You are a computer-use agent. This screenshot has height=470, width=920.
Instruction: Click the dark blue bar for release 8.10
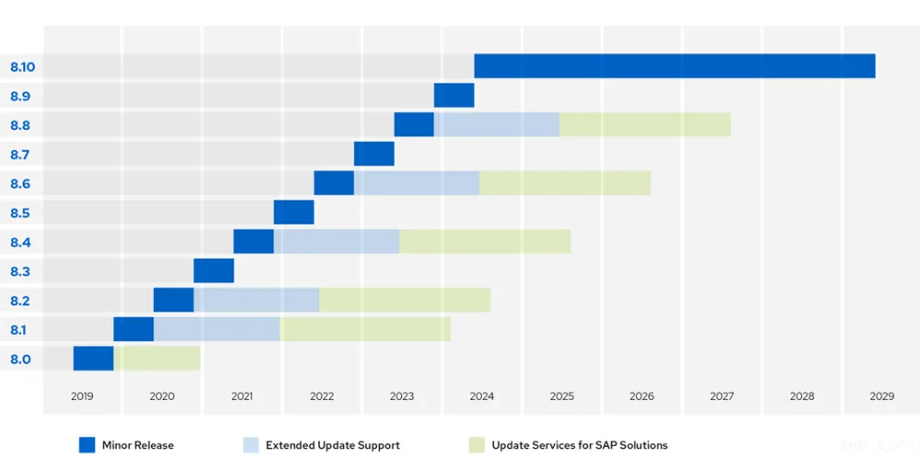pyautogui.click(x=674, y=66)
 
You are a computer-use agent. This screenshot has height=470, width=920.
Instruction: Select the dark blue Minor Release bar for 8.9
pyautogui.click(x=454, y=96)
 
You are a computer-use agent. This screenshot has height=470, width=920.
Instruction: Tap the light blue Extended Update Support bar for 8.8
pyautogui.click(x=497, y=124)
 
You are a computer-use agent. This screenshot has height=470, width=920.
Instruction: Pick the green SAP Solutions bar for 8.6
pyautogui.click(x=565, y=183)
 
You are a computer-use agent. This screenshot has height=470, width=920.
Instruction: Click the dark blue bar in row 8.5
pyautogui.click(x=293, y=212)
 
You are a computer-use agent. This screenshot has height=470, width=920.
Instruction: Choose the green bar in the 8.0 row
pyautogui.click(x=157, y=359)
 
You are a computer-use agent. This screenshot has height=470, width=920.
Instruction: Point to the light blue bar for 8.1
pyautogui.click(x=217, y=329)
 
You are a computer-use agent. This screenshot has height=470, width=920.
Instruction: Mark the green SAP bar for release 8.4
pyautogui.click(x=485, y=242)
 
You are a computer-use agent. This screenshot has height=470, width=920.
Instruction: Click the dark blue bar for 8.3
pyautogui.click(x=213, y=271)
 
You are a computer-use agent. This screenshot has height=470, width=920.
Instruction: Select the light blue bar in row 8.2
pyautogui.click(x=257, y=300)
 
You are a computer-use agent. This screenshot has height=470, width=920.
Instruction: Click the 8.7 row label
pyautogui.click(x=20, y=155)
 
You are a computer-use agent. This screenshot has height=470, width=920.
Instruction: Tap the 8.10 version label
pyautogui.click(x=22, y=67)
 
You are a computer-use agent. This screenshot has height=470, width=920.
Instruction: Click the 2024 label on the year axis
pyautogui.click(x=481, y=396)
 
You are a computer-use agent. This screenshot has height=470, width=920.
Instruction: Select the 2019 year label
pyautogui.click(x=82, y=396)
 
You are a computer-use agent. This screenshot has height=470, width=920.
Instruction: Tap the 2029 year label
pyautogui.click(x=881, y=396)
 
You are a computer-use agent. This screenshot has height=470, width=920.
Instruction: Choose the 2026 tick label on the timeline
pyautogui.click(x=641, y=396)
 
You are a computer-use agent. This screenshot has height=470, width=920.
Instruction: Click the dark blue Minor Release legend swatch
pyautogui.click(x=86, y=445)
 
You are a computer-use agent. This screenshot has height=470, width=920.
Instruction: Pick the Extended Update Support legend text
pyautogui.click(x=332, y=445)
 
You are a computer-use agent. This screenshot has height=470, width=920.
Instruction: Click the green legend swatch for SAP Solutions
pyautogui.click(x=476, y=445)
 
